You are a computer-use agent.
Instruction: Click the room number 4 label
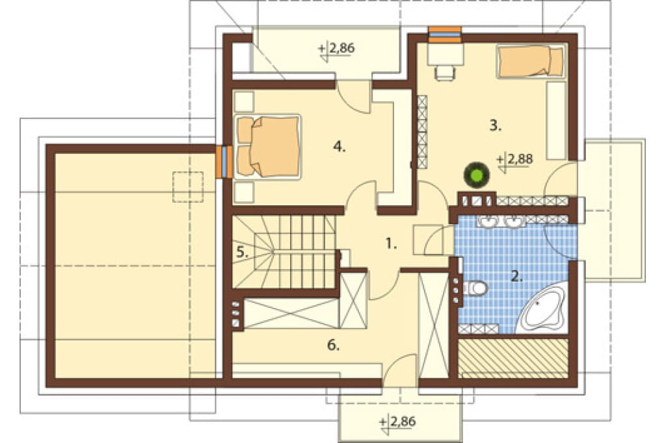coord(339,147)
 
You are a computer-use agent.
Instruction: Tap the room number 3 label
coord(495,125)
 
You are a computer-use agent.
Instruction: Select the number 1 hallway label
coord(391,244)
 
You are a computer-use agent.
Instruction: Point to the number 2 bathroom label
coord(516,277)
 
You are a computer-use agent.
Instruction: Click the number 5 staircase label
coord(243,253)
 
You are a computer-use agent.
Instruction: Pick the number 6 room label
coord(334,346)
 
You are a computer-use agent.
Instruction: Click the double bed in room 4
coord(267,146)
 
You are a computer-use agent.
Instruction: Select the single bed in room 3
coord(531,62)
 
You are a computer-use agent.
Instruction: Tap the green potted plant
coord(476,174)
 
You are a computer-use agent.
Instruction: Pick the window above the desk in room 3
coord(445,34)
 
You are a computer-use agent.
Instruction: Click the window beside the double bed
coord(224,162)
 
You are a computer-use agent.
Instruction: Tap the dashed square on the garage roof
coord(187,186)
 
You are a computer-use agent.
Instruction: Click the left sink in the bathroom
coord(490,221)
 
